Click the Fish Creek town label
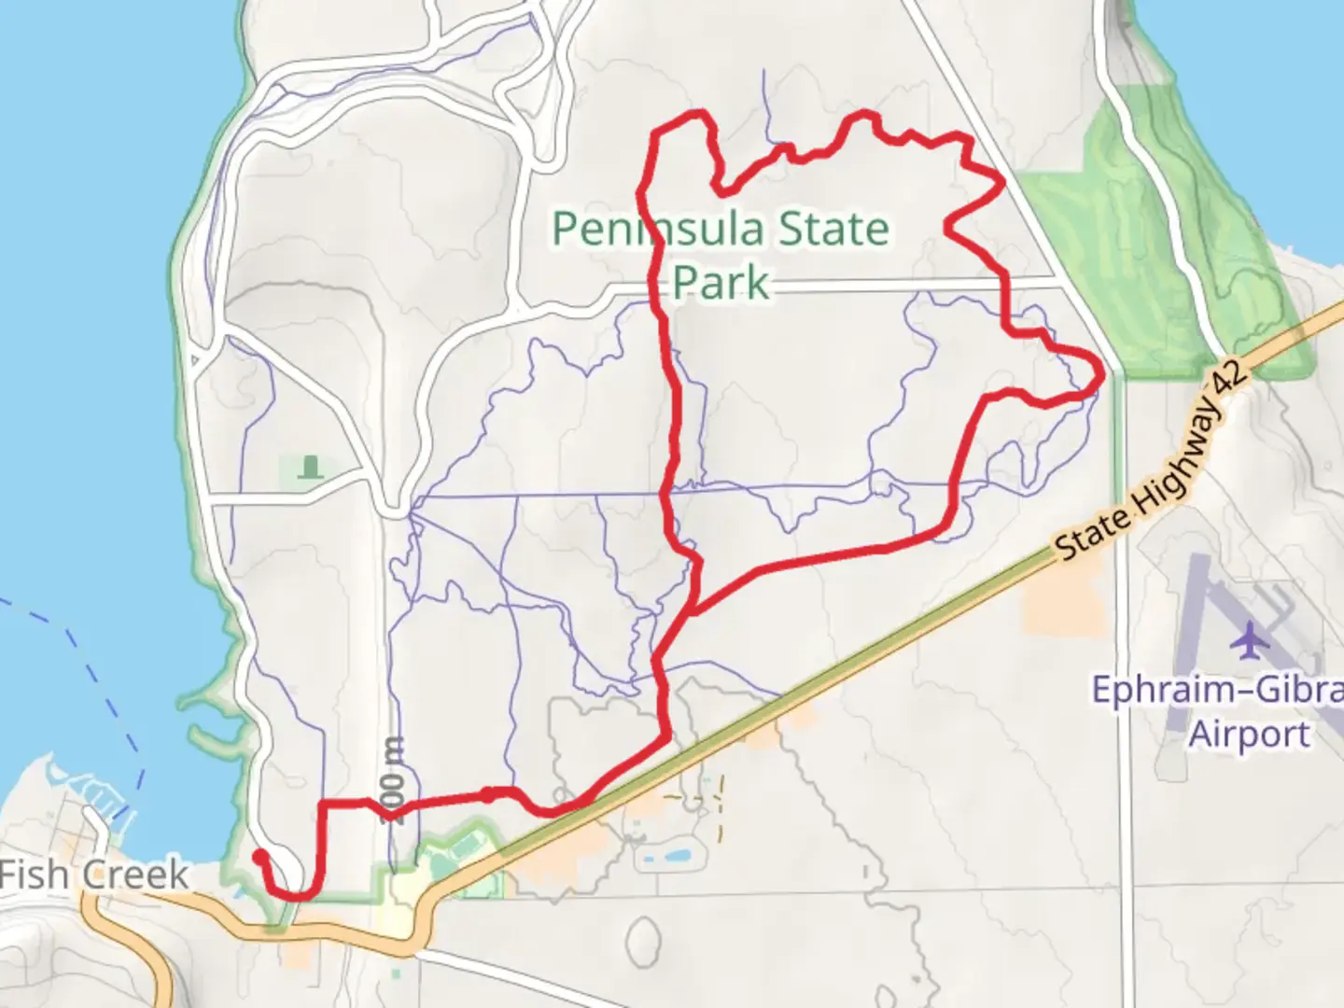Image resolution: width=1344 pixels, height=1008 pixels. click(x=93, y=875)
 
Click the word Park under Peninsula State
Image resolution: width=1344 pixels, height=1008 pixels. click(x=721, y=281)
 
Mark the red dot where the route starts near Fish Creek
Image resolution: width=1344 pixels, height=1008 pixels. click(x=259, y=854)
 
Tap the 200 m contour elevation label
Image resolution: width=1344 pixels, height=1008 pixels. click(x=394, y=775)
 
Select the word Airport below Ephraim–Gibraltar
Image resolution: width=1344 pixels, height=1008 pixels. click(x=1249, y=735)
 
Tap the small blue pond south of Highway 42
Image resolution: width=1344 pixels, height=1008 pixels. click(x=665, y=856)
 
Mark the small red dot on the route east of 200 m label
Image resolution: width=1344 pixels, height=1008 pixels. click(x=487, y=794)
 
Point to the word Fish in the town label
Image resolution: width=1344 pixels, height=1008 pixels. click(x=34, y=875)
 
